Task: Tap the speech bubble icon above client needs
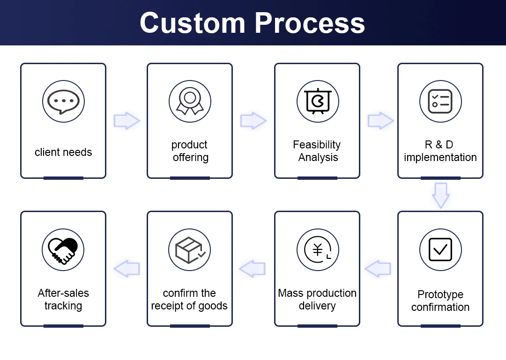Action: (63, 102)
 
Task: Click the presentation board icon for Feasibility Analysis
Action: (318, 102)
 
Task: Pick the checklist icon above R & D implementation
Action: (440, 102)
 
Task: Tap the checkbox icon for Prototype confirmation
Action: (440, 250)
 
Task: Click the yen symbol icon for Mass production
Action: (318, 250)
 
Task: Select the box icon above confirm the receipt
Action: (190, 250)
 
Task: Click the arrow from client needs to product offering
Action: (126, 121)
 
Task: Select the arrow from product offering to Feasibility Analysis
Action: (253, 121)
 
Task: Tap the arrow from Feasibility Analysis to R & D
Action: (380, 121)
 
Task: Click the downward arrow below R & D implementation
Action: (440, 195)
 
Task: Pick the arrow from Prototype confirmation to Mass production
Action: (378, 269)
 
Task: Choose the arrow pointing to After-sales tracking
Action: (126, 269)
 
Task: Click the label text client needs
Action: (63, 152)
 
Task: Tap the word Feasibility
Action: (317, 145)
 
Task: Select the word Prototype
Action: (440, 294)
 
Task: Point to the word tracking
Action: (63, 306)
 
